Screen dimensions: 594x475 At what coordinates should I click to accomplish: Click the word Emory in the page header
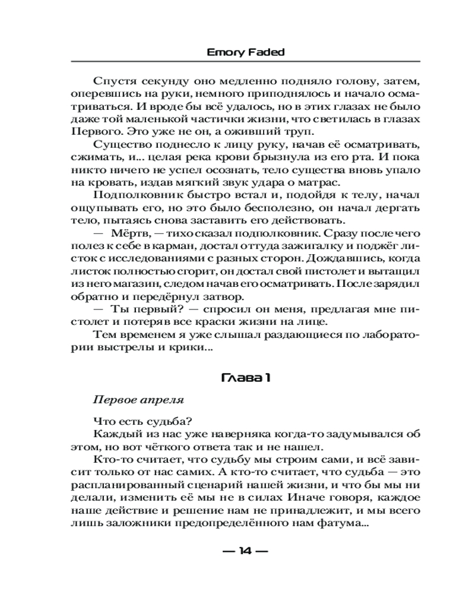[x=221, y=52]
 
